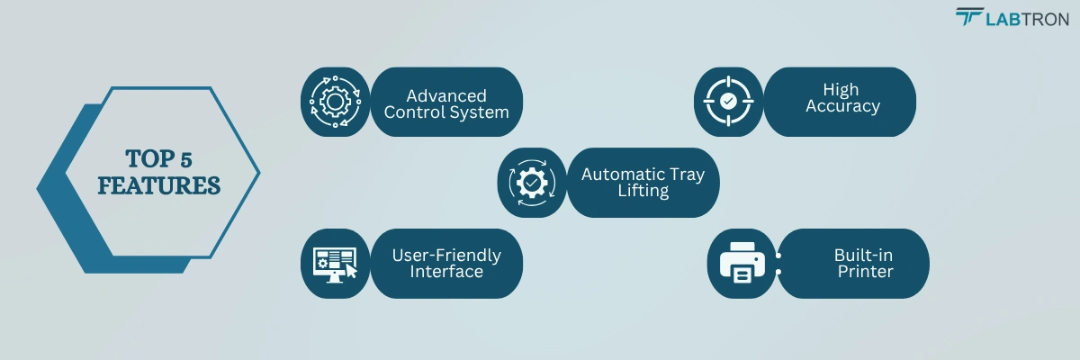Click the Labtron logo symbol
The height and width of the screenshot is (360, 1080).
pos(969,17)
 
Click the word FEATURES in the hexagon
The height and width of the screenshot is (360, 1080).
pos(158,185)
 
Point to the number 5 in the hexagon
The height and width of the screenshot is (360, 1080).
pos(185,159)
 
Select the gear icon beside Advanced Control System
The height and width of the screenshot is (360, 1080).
pos(334,102)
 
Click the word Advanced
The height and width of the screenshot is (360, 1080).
pos(446,95)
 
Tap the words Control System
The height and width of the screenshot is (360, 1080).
pos(446,113)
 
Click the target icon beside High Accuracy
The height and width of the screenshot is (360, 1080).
pos(728,101)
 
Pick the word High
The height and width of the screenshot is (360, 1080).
pos(841,89)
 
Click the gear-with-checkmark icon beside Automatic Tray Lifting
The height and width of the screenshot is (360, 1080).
pos(532,182)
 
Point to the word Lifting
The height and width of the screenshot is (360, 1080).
pos(643,192)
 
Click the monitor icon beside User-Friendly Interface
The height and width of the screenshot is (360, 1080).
pos(334,263)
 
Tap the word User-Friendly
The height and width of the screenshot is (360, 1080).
pos(446,255)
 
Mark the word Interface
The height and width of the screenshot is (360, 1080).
pos(446,272)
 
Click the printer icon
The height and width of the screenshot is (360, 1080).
pos(742,263)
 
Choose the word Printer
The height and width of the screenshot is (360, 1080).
pos(865,272)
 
